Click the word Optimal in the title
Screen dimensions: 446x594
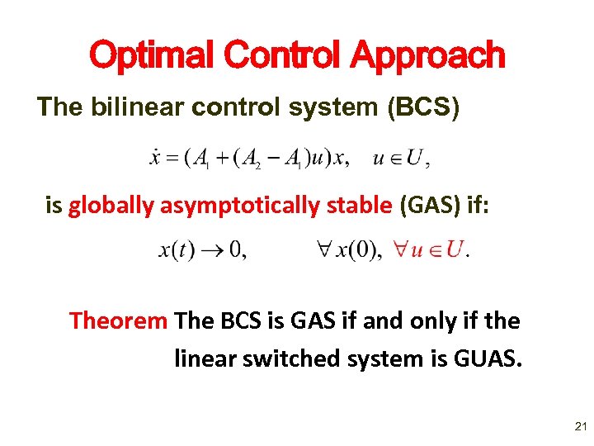[x=148, y=55]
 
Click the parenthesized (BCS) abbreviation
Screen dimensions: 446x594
[x=424, y=107]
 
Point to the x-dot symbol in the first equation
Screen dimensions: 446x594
[x=154, y=159]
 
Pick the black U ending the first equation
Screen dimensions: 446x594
[x=417, y=159]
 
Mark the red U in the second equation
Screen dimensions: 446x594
[x=452, y=250]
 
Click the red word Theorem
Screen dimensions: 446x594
[x=119, y=320]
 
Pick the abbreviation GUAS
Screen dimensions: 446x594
[x=490, y=358]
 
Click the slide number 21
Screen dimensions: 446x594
[x=579, y=427]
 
